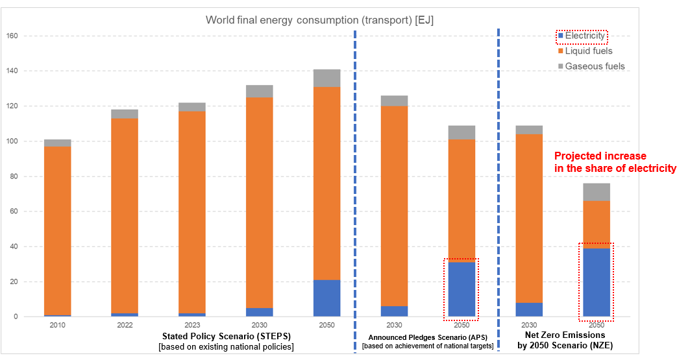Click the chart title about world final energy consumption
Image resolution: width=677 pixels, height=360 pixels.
(x=319, y=19)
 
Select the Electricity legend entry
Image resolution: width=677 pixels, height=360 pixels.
(x=584, y=36)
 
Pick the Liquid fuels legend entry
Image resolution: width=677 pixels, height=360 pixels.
(x=588, y=51)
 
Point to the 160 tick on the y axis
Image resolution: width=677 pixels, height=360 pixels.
(x=10, y=36)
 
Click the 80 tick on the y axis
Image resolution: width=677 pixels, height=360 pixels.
(x=13, y=176)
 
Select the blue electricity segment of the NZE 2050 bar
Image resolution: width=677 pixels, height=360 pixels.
(x=596, y=282)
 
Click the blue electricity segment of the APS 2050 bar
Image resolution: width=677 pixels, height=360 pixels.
(x=461, y=289)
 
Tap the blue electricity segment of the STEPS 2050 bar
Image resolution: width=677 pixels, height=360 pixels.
(x=326, y=298)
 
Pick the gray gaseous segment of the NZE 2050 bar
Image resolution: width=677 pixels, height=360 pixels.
(x=596, y=192)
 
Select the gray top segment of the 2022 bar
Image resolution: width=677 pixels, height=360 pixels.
(x=125, y=114)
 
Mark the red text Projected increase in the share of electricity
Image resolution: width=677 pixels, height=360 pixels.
(x=615, y=162)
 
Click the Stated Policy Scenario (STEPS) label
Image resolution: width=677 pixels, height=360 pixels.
(x=226, y=336)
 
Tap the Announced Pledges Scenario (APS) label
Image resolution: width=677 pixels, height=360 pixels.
(x=427, y=337)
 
